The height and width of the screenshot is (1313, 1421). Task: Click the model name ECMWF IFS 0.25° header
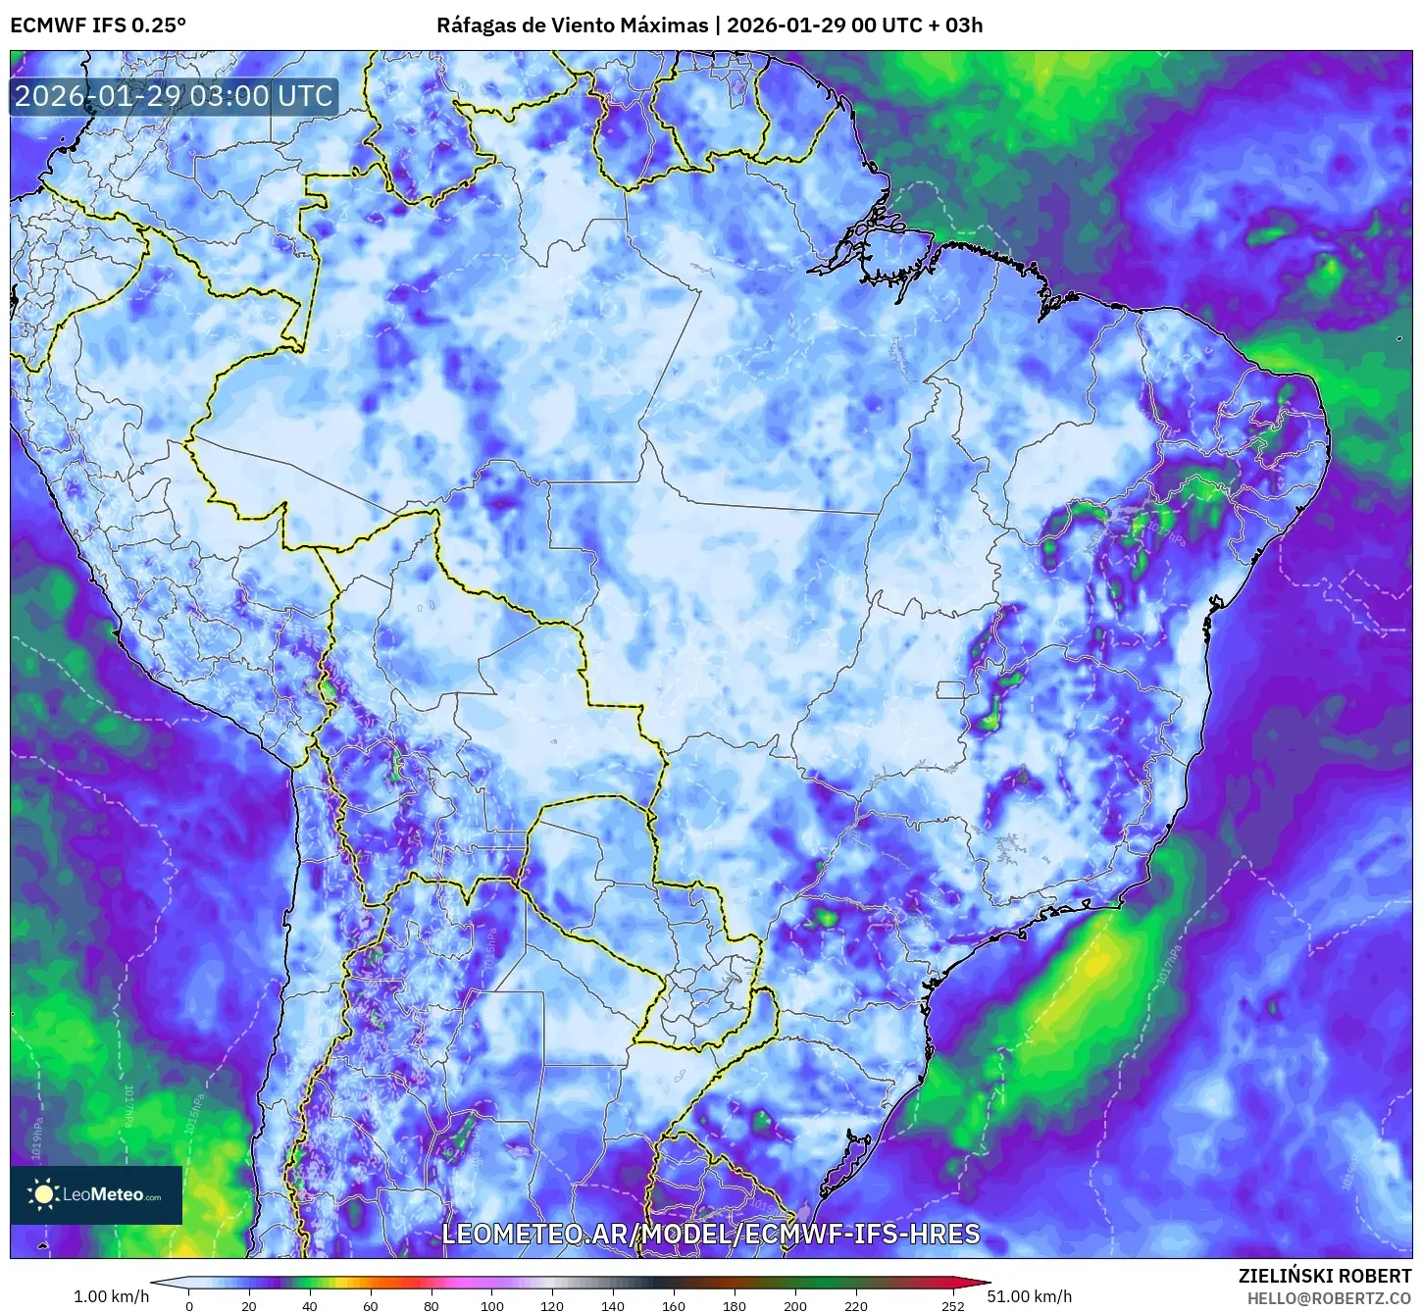(98, 25)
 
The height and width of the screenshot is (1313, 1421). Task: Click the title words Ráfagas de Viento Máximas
(572, 25)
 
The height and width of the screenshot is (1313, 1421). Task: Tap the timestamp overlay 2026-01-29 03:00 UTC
(174, 96)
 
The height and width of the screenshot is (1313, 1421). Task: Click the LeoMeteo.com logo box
(96, 1194)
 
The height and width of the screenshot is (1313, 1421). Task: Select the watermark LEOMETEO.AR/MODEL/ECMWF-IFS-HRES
(711, 1234)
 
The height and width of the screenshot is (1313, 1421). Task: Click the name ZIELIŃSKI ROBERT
(1324, 1276)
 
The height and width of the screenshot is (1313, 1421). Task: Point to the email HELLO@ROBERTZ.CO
(1329, 1297)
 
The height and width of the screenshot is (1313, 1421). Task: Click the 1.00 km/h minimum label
(111, 1296)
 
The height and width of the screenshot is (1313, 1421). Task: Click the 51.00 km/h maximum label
(1036, 1296)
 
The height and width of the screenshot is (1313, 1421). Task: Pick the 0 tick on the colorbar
(189, 1305)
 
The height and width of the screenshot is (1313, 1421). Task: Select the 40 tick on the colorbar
(310, 1305)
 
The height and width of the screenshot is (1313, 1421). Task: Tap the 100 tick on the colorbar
(492, 1305)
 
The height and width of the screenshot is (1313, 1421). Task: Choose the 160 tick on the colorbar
(674, 1305)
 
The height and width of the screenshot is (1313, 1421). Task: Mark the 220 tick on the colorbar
(856, 1305)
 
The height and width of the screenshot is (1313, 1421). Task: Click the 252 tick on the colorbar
(953, 1305)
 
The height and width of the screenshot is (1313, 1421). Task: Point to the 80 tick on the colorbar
(431, 1305)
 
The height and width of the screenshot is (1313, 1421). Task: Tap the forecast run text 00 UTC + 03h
(917, 25)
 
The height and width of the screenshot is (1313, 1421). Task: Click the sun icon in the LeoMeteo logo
(44, 1194)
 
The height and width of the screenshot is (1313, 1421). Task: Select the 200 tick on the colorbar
(795, 1305)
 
